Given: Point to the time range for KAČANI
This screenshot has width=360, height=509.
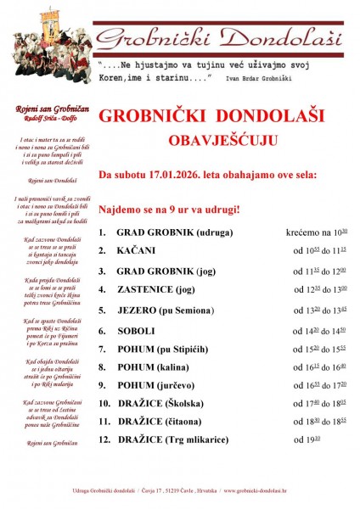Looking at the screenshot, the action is [317, 250].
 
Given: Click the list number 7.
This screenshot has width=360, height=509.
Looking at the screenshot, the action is [102, 348].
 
